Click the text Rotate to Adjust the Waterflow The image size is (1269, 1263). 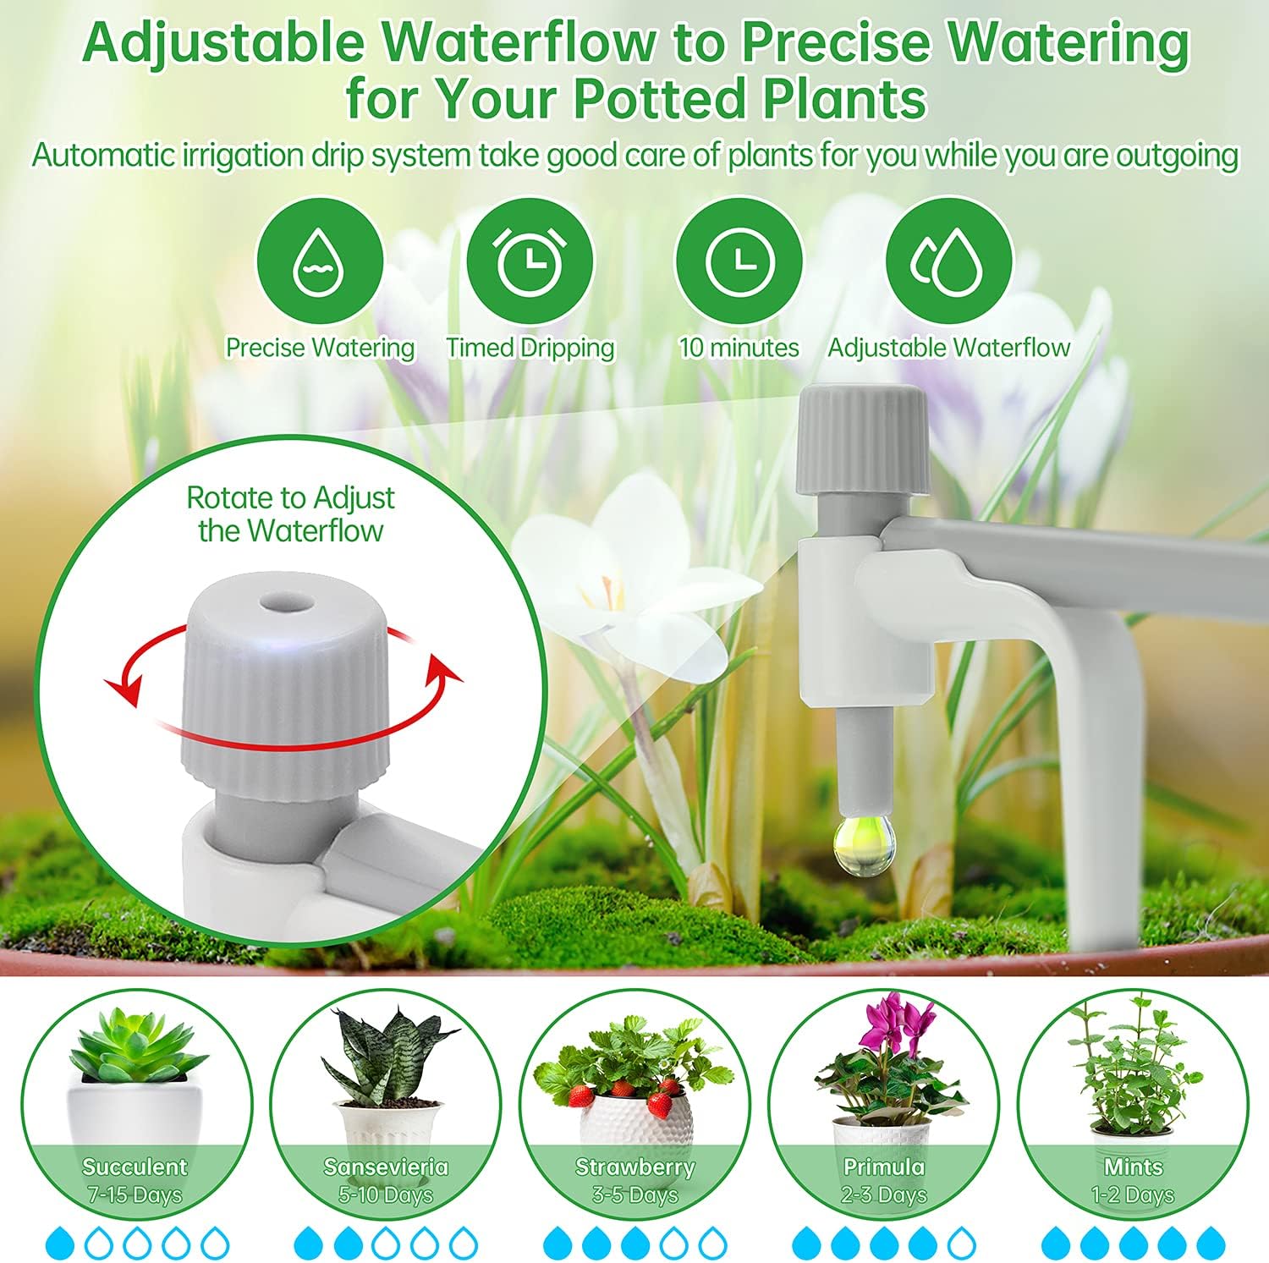290,513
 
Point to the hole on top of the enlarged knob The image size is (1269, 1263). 287,603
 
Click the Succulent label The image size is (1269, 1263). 135,1167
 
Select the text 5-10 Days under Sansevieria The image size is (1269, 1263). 385,1194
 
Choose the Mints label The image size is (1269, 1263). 1133,1167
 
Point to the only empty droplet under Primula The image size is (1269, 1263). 961,1243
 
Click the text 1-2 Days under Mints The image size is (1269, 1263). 1133,1194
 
